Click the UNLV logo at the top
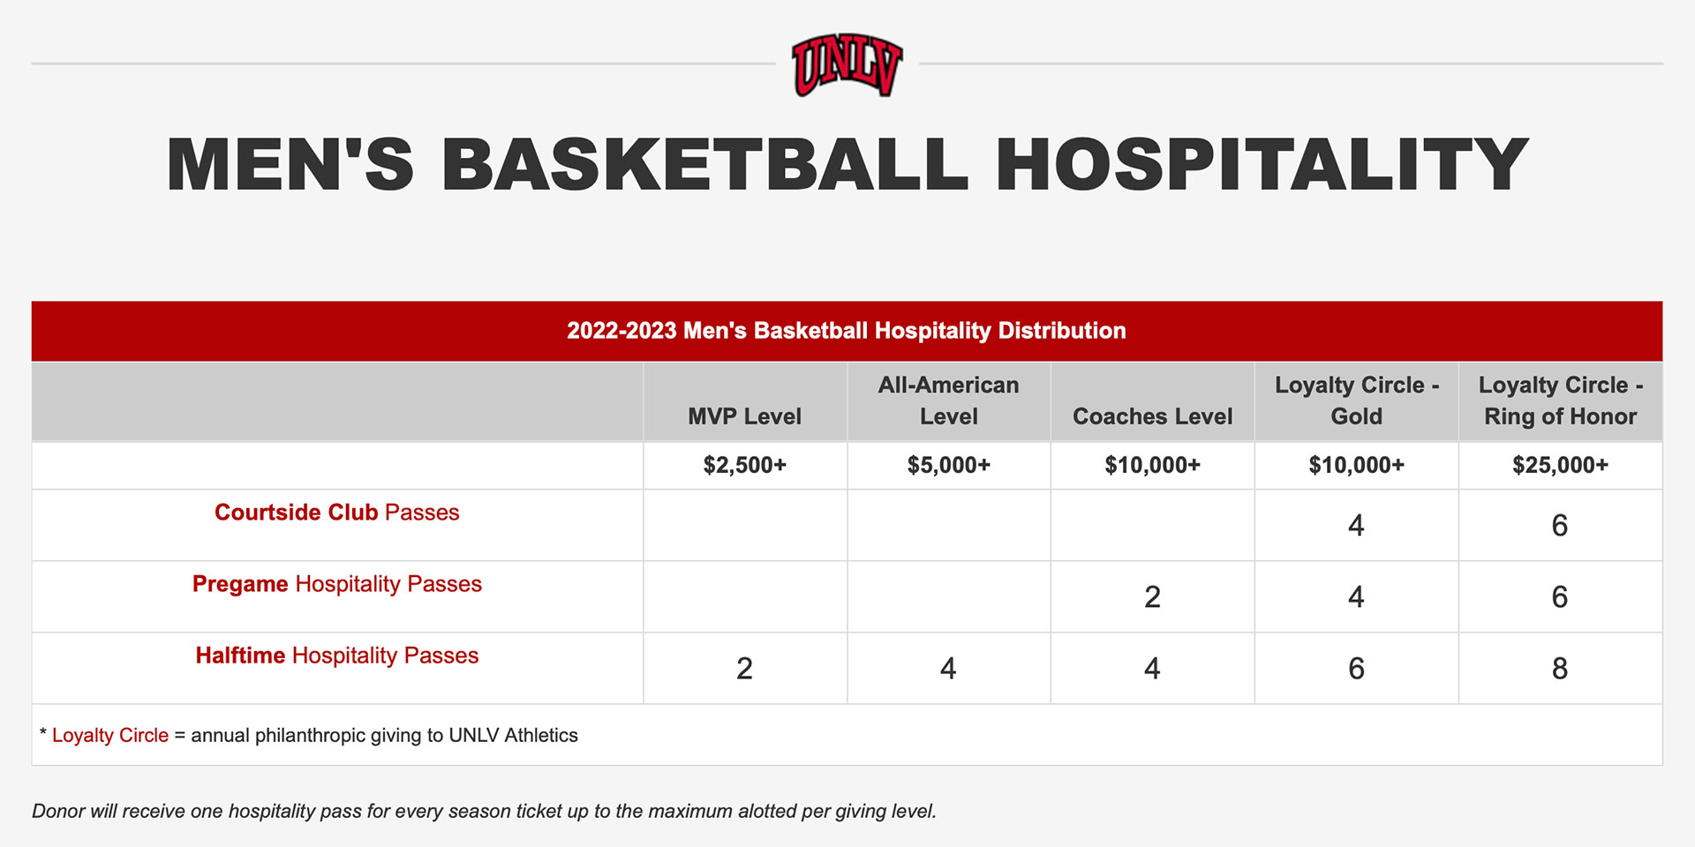847,64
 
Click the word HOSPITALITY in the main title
1262,164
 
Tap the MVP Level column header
744,416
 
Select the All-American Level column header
948,401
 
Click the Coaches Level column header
1152,416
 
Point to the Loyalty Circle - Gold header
1356,401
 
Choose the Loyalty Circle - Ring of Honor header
1560,401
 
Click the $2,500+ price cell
744,465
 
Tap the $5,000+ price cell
948,465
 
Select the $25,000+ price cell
1560,465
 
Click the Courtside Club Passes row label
336,513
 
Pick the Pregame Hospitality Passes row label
336,584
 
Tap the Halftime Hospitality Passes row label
336,656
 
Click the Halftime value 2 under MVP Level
744,669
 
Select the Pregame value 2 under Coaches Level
1152,597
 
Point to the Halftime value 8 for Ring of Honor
1560,669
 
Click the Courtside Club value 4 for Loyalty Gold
1356,526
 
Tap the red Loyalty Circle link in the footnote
109,736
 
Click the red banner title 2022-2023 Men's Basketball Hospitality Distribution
846,331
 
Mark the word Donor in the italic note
58,811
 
